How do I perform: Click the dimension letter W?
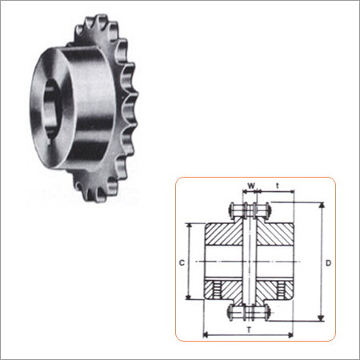click(251, 188)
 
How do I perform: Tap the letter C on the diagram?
click(182, 262)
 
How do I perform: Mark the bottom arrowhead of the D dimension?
click(321, 320)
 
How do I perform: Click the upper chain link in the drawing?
click(250, 210)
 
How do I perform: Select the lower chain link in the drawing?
click(250, 312)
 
